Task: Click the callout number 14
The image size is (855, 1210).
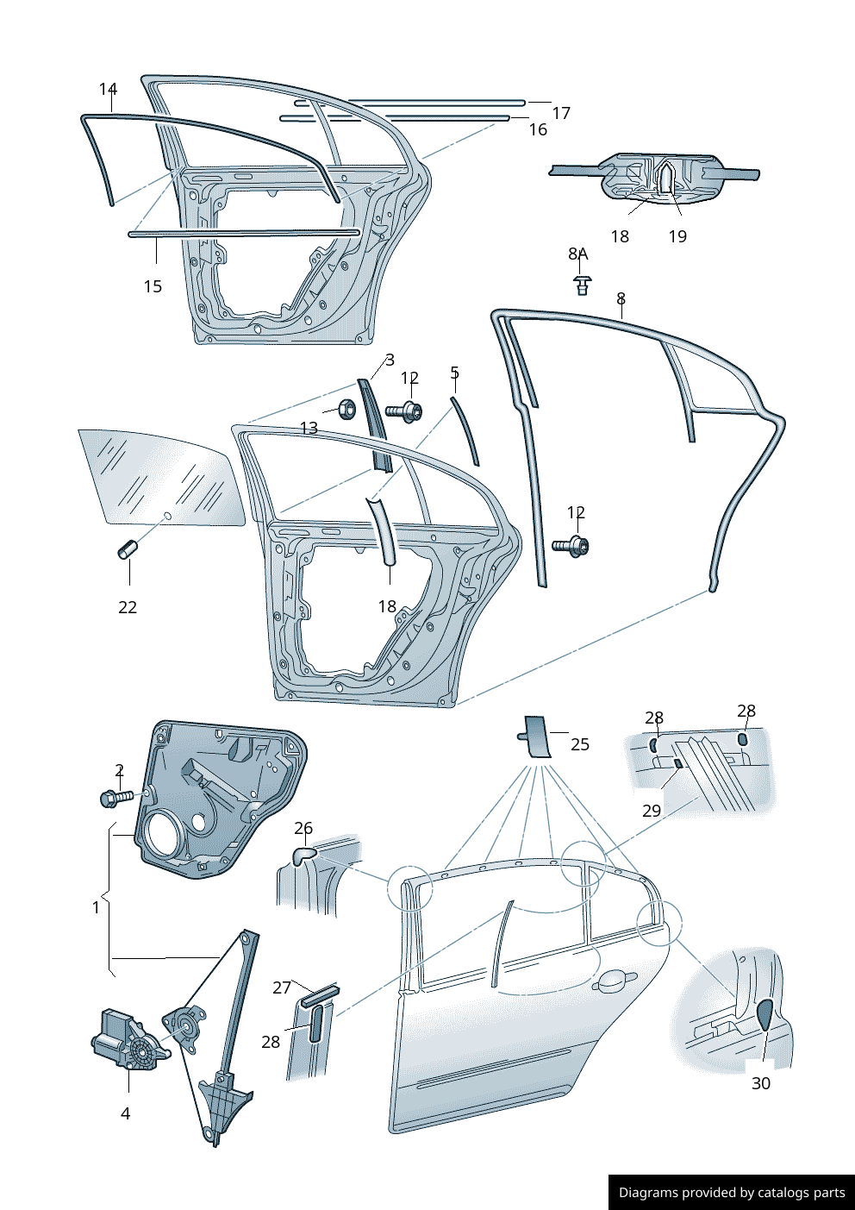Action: [108, 89]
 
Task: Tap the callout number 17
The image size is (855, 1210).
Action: [561, 113]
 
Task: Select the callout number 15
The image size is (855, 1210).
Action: [153, 286]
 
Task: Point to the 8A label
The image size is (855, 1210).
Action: [577, 254]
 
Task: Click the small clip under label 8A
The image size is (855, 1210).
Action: [584, 285]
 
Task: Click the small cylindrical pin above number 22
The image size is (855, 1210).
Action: [128, 549]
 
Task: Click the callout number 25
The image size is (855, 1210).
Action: [580, 744]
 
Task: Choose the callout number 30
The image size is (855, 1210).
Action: [761, 1083]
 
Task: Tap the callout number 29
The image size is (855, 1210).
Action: [652, 811]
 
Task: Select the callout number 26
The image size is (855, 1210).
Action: [303, 828]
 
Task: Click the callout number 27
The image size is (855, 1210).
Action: [282, 987]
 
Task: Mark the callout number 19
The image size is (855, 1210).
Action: [677, 236]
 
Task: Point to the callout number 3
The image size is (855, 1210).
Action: [390, 360]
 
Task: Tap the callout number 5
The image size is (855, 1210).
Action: [455, 373]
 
